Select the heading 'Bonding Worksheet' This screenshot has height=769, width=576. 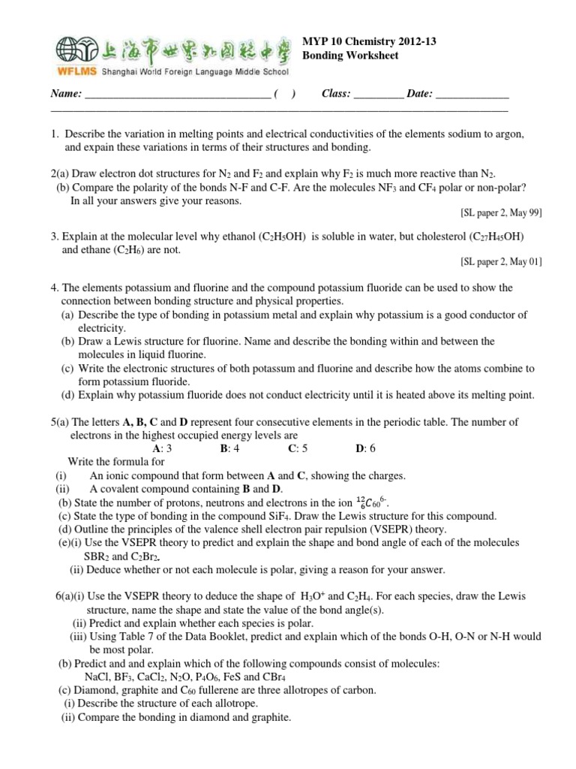click(349, 56)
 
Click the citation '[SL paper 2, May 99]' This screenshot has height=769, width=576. click(501, 213)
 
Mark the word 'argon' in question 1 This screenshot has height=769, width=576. click(506, 134)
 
